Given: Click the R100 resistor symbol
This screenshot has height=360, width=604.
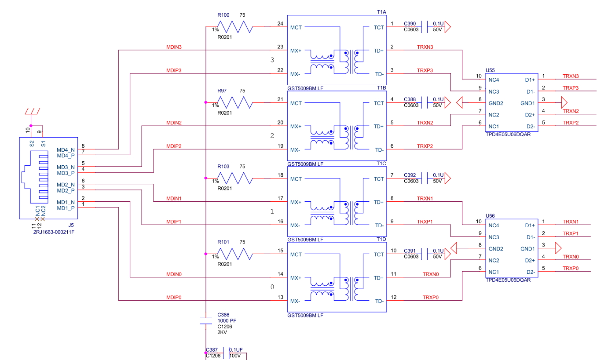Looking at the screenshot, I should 235,27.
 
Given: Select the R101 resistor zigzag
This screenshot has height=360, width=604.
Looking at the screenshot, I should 235,254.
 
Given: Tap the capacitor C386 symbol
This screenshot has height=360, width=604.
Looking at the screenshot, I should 205,320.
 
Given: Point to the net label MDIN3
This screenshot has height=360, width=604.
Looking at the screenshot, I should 174,47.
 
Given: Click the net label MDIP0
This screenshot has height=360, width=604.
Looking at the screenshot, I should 174,298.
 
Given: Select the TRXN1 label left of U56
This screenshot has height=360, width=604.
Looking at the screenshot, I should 425,198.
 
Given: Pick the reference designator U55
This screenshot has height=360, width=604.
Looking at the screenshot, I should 490,70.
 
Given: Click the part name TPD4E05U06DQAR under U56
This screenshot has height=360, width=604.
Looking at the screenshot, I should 509,280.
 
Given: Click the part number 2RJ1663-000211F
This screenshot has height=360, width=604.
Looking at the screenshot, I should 54,232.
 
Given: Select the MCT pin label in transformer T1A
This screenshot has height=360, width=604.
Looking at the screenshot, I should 296,28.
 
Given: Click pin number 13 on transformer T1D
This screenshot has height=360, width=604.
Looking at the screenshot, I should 280,298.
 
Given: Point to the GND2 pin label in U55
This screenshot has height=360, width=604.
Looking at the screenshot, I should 496,103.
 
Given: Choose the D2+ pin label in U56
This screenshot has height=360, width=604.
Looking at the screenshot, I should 530,260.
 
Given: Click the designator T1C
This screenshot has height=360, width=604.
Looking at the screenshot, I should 381,164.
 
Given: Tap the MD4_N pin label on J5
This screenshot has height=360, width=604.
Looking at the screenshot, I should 66,150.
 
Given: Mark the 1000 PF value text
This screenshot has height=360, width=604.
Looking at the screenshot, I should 227,320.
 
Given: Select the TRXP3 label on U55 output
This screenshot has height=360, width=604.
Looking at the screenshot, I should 571,87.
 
